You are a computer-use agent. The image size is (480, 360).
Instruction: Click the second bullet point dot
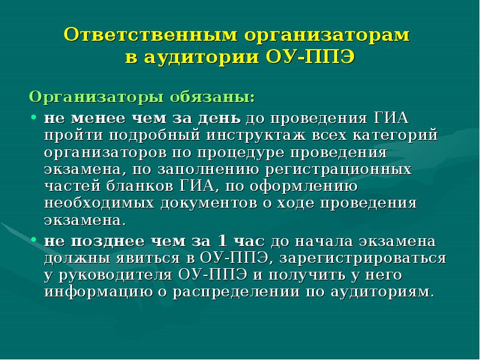(x=35, y=241)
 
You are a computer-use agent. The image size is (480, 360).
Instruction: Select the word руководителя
(x=113, y=275)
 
